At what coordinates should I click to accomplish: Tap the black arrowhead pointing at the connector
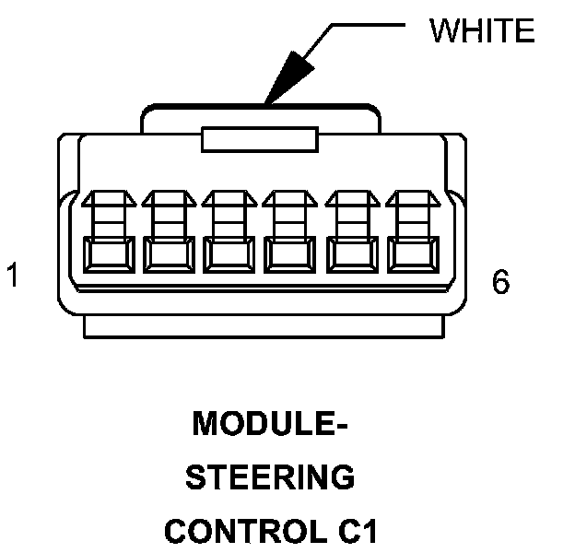pyautogui.click(x=285, y=78)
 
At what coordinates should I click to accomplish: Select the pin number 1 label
pyautogui.click(x=13, y=276)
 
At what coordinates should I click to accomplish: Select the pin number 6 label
pyautogui.click(x=500, y=282)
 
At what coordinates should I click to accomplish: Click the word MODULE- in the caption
pyautogui.click(x=270, y=426)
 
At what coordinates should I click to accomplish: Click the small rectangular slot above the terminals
pyautogui.click(x=260, y=140)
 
